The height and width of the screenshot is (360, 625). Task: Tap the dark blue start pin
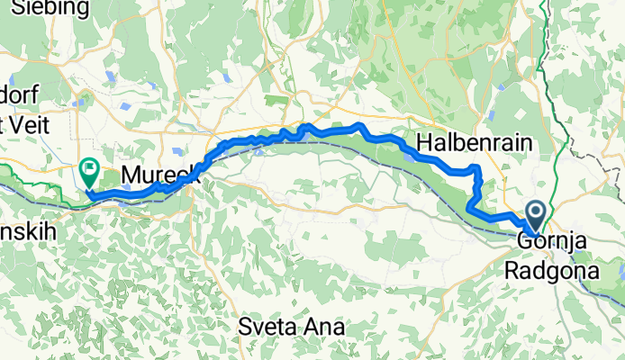[535, 216]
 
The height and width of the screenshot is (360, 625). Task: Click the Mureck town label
[159, 174]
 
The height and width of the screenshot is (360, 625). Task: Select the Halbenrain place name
[475, 143]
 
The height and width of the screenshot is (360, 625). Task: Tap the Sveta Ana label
[291, 326]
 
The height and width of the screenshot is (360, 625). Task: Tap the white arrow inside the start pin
[535, 212]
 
